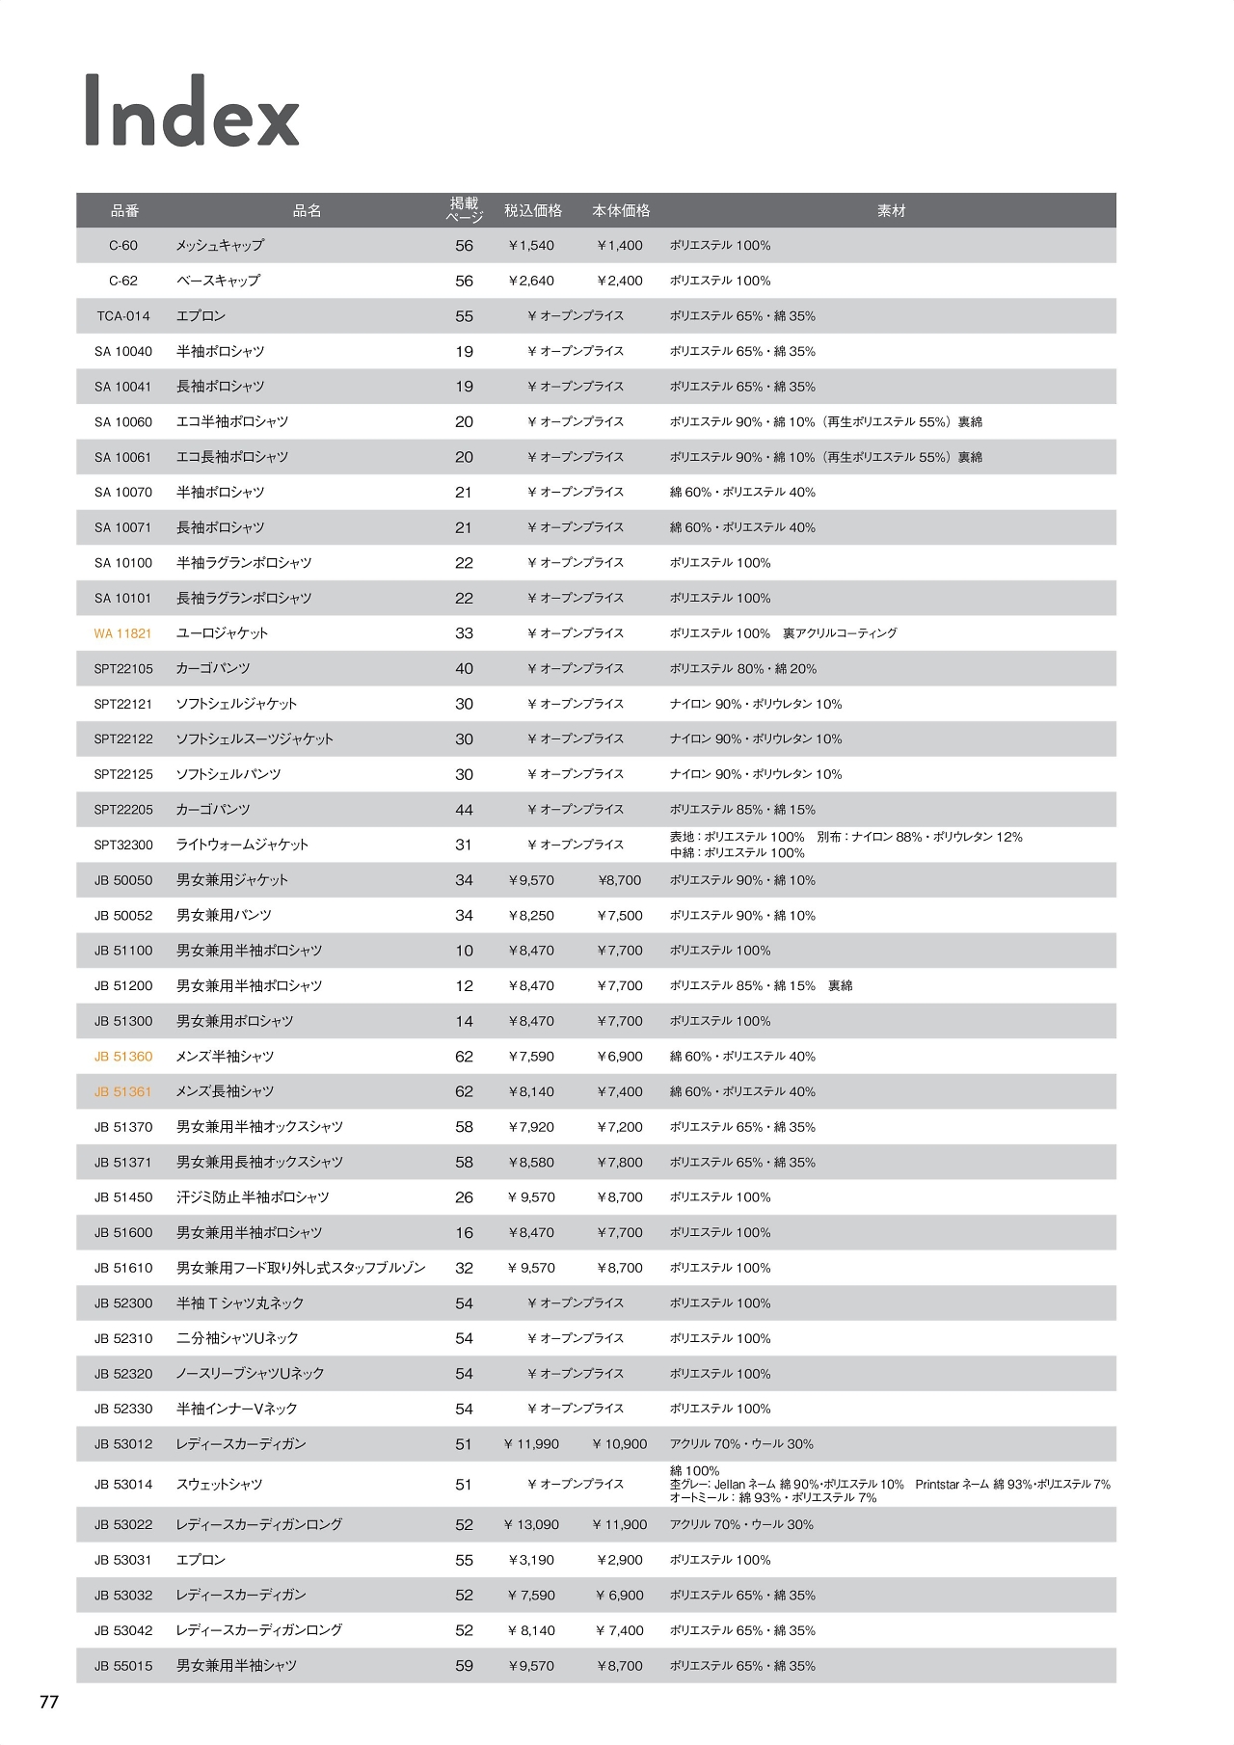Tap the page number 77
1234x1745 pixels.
tap(49, 1702)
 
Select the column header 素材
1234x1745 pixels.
tap(891, 210)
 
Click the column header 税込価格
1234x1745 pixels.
tap(532, 210)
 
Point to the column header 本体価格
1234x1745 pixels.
tap(621, 210)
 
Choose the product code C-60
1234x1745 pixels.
tap(123, 246)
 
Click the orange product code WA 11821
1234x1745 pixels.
tap(123, 633)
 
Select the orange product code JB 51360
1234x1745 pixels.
tap(123, 1057)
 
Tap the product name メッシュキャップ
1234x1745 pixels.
tap(220, 246)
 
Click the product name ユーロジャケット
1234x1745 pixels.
tap(223, 633)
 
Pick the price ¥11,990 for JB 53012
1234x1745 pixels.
tap(531, 1444)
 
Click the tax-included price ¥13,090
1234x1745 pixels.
tap(531, 1524)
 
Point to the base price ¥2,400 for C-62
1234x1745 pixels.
tap(620, 281)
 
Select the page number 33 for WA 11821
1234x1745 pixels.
tap(464, 633)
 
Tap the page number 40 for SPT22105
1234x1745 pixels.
tap(464, 669)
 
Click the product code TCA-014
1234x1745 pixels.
tap(123, 316)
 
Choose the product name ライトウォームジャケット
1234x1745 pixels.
tap(242, 845)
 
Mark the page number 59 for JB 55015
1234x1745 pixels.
tap(464, 1666)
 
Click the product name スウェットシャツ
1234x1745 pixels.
tap(220, 1485)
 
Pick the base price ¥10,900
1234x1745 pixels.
tap(620, 1444)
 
